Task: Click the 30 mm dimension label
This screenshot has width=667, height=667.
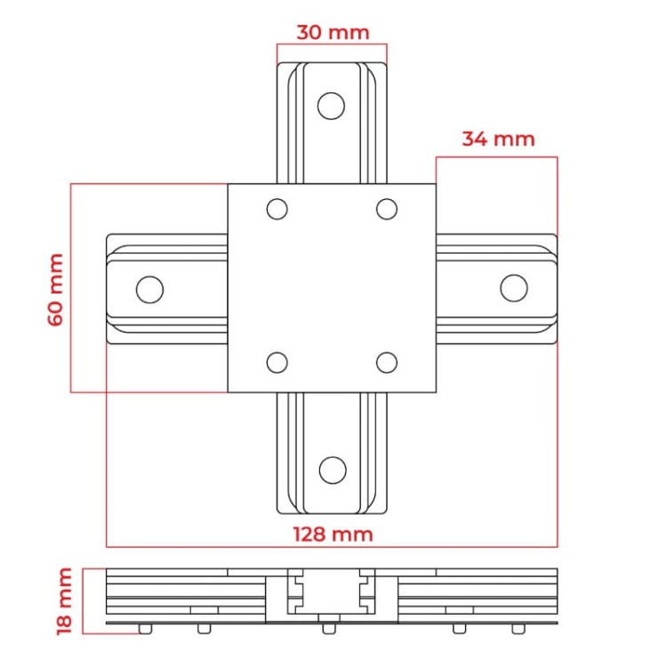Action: (333, 33)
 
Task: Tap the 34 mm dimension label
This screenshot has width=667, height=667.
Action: (498, 139)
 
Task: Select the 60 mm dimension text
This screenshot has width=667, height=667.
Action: (56, 290)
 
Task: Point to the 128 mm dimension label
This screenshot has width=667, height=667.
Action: (333, 534)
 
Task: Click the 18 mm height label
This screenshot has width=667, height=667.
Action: (65, 601)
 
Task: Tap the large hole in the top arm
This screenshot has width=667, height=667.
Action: (331, 106)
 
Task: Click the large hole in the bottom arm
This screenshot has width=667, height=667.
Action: (333, 470)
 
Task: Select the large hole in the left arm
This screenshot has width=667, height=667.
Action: (149, 290)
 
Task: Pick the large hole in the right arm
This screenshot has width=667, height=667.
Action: (514, 288)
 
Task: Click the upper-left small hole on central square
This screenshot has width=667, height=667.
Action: (277, 209)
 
